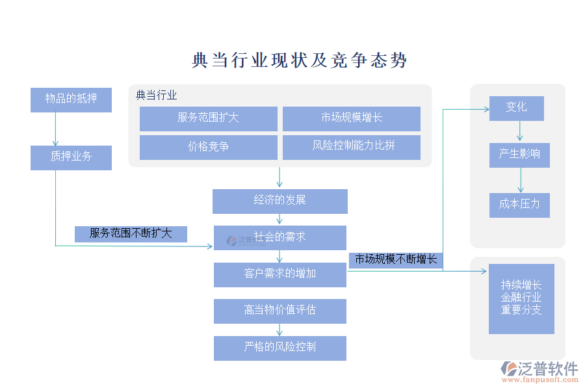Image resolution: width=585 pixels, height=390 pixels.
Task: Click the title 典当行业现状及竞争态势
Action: coord(300,60)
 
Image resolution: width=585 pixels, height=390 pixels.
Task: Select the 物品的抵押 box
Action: coord(71,99)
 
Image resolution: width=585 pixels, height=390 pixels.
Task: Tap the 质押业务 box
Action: coord(71,157)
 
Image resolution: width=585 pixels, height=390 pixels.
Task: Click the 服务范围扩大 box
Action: coord(208,118)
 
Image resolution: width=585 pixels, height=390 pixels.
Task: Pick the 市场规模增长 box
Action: coord(351,118)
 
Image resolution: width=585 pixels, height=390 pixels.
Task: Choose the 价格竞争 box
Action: coord(208,147)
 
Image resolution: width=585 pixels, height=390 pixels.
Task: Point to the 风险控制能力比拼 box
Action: coord(351,147)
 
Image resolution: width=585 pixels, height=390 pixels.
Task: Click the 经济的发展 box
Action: coord(279,201)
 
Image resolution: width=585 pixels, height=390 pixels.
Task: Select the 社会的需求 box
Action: coord(279,237)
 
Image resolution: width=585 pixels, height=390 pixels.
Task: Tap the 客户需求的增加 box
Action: coord(279,274)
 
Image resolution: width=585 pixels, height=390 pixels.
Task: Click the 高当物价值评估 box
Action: coord(279,311)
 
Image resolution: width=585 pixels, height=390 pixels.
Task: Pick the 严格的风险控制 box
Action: coord(279,348)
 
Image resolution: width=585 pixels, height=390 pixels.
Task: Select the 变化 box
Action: coord(517,108)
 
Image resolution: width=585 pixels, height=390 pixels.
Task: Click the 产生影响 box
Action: coord(519,155)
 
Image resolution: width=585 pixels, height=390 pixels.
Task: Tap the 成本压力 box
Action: coord(519,205)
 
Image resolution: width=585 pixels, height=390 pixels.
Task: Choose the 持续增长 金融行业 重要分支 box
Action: coord(521,298)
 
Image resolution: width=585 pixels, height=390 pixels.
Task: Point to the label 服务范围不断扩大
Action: coord(131,234)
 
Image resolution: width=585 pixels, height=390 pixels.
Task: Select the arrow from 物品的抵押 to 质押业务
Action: coord(55,129)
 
